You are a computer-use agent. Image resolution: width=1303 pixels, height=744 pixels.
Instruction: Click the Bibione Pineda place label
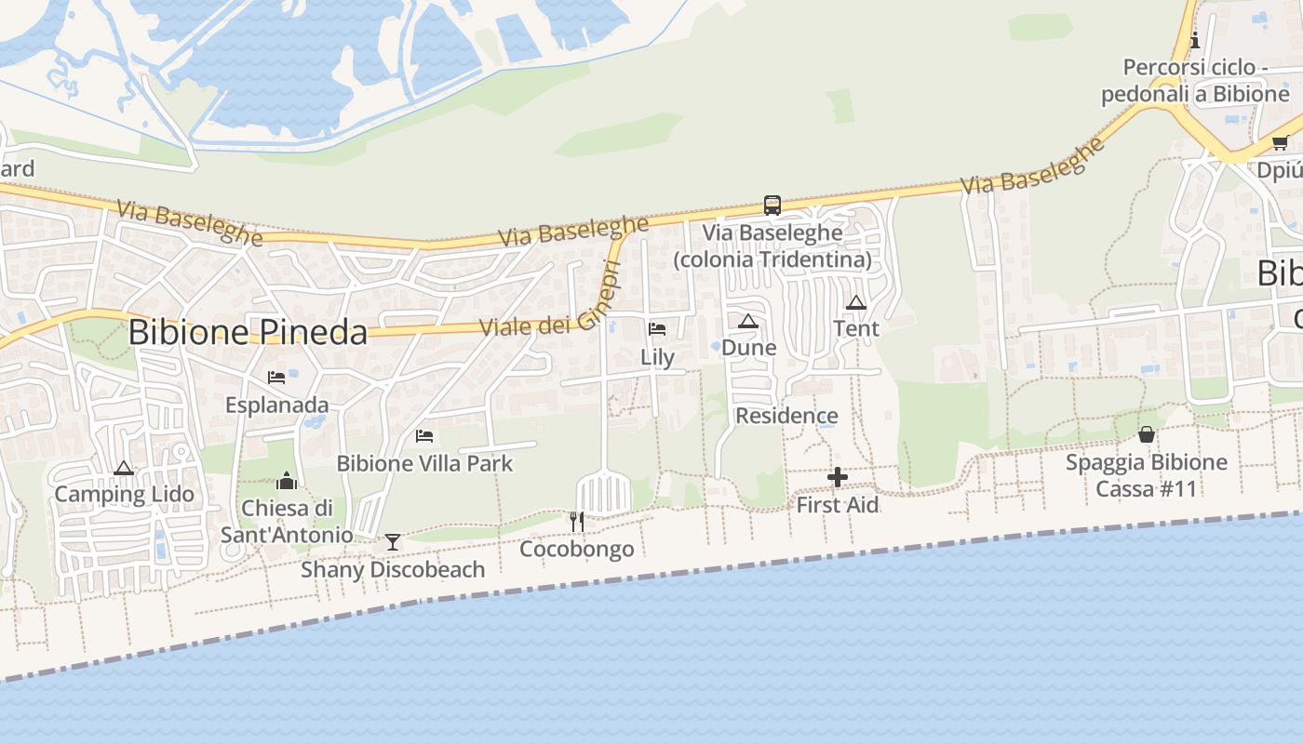tap(248, 332)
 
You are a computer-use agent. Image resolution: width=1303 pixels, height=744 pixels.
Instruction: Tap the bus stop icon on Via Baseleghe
tap(772, 205)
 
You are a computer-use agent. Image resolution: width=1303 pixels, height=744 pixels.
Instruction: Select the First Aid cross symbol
tap(838, 478)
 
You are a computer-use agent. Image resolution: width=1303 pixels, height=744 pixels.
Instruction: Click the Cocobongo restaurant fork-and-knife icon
tap(577, 522)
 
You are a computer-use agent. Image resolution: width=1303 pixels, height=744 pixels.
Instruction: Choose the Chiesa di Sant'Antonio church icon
tap(287, 481)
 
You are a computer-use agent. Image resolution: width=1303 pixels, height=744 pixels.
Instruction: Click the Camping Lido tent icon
tap(123, 468)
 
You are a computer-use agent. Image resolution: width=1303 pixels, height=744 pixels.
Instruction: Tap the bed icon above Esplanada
tap(276, 378)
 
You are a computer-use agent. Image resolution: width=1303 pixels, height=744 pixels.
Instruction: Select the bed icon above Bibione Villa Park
tap(424, 435)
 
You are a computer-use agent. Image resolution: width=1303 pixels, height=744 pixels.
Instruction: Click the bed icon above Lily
tap(657, 328)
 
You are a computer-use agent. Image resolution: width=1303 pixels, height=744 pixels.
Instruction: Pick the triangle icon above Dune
tap(747, 322)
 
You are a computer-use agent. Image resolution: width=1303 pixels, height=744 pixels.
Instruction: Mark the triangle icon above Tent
tap(856, 302)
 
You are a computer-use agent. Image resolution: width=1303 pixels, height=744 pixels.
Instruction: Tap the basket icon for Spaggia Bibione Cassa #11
tap(1146, 434)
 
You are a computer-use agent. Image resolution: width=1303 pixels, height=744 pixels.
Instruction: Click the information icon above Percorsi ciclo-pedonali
tap(1195, 40)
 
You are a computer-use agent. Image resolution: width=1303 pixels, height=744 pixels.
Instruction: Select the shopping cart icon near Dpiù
tap(1280, 143)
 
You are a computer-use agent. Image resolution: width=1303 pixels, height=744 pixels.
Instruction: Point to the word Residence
tap(786, 416)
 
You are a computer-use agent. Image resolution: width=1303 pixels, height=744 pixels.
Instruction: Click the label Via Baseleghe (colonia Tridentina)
tap(772, 246)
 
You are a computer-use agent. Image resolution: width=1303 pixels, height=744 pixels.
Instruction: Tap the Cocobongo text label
tap(576, 549)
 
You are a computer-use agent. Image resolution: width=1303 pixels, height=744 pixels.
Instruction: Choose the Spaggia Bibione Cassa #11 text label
tap(1146, 475)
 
